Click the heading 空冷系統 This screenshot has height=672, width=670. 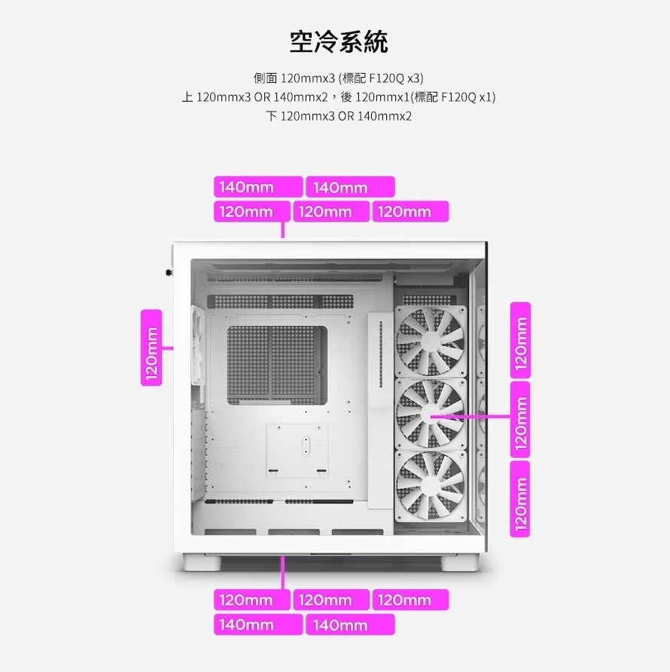pos(339,42)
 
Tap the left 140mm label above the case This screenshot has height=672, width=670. pos(258,187)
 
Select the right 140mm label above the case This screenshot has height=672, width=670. pos(350,187)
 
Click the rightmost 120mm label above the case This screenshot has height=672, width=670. pos(410,211)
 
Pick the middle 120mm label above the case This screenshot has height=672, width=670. pos(331,211)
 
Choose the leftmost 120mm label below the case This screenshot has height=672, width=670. pos(252,600)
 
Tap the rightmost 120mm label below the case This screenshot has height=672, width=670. pos(410,600)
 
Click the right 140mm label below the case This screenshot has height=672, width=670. pos(350,625)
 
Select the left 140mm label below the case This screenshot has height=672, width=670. pos(258,625)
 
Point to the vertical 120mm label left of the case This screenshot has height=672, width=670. pos(151,347)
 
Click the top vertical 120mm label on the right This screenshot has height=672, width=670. pos(520,341)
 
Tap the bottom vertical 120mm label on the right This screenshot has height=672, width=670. pos(520,499)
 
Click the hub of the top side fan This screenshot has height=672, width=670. pos(430,341)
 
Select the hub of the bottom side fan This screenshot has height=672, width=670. pos(430,485)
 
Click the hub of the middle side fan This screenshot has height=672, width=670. pos(430,414)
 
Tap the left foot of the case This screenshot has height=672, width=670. pos(203,563)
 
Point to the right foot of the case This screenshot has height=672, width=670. pos(460,563)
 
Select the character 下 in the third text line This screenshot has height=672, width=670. pos(272,116)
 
